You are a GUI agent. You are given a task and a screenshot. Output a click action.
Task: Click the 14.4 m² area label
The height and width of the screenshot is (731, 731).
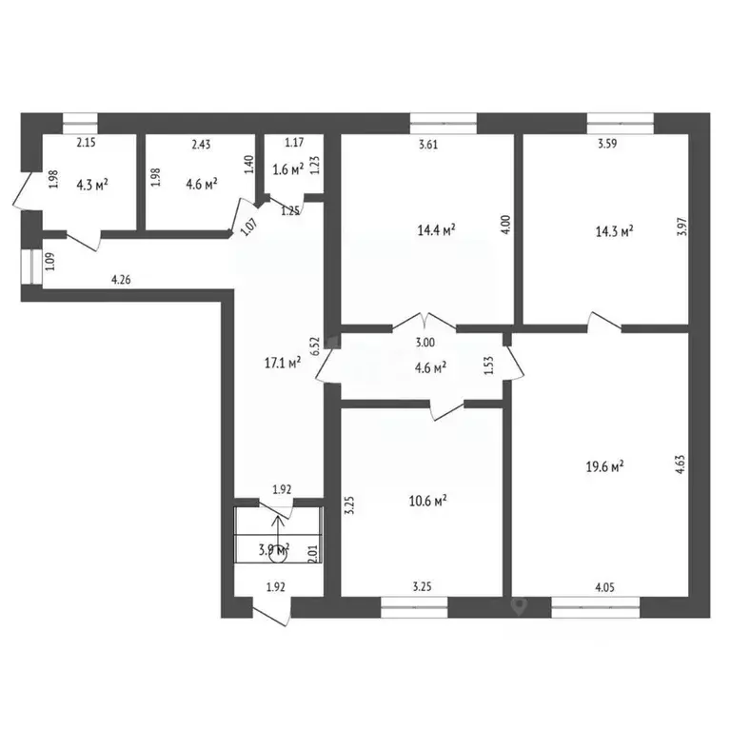click(x=436, y=229)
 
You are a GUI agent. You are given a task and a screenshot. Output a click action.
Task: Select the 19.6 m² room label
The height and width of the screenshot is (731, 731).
click(x=603, y=466)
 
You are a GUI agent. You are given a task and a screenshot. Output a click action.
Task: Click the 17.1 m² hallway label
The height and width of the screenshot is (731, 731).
click(x=282, y=362)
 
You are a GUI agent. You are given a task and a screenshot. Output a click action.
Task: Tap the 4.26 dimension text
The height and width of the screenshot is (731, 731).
click(x=122, y=280)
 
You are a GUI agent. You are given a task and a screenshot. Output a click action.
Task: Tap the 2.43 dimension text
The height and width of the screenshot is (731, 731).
click(x=201, y=145)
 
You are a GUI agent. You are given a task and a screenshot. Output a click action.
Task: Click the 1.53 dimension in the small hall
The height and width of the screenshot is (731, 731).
click(x=488, y=365)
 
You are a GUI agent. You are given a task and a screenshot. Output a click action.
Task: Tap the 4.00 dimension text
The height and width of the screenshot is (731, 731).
click(x=505, y=225)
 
